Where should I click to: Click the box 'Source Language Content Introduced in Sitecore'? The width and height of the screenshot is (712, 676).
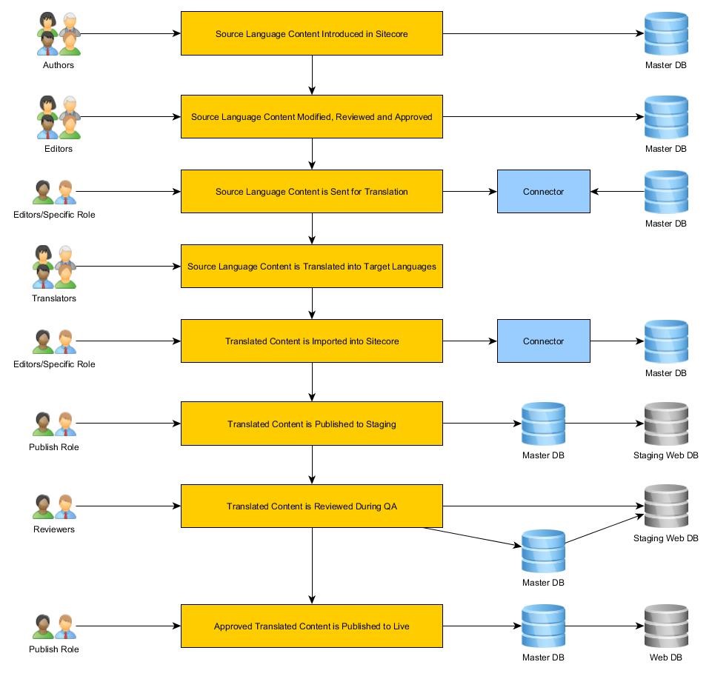coord(311,33)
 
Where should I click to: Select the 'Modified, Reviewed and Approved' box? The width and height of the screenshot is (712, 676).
coord(311,117)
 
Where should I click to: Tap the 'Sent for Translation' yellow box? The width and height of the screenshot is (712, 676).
coord(311,192)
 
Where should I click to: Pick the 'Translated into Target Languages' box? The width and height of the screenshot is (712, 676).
coord(311,267)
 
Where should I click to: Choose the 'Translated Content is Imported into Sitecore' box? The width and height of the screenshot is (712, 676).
coord(311,341)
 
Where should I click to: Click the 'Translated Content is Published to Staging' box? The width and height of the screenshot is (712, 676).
coord(311,424)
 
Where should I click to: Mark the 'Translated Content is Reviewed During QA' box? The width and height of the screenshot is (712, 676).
coord(311,506)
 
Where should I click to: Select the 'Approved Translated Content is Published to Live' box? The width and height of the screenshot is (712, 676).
coord(311,626)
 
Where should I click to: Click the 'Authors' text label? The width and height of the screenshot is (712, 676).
coord(58,65)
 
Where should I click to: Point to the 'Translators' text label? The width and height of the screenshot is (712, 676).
coord(54,298)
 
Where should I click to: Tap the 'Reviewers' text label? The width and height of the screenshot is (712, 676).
coord(54,529)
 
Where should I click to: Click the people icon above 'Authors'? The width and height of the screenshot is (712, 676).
coord(58,33)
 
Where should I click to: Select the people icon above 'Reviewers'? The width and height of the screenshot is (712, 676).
coord(54,506)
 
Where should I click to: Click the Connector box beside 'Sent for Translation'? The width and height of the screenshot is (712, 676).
coord(543,192)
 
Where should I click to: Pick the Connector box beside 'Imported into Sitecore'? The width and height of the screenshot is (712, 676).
coord(543,341)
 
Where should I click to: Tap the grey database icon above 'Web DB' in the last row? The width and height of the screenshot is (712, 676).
coord(665,626)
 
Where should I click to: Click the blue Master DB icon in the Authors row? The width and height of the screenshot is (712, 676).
coord(665,33)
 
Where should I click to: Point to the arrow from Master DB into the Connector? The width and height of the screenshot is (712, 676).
coord(617,192)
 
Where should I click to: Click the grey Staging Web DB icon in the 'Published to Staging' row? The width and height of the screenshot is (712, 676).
coord(665,424)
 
